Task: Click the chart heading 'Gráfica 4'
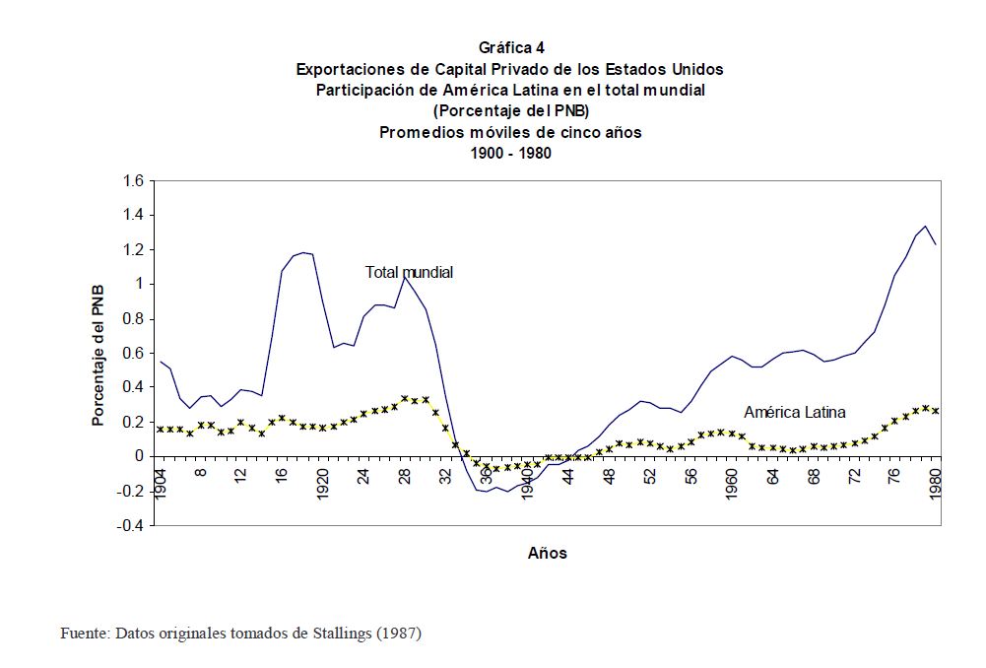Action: click(x=510, y=48)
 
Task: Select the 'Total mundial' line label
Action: click(x=409, y=272)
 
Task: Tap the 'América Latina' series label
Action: click(x=795, y=413)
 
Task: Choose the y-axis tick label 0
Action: click(x=140, y=457)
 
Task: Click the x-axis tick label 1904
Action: click(x=161, y=481)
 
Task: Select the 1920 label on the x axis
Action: click(x=323, y=481)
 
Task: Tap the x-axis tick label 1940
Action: click(x=527, y=481)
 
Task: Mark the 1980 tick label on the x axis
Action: click(x=936, y=481)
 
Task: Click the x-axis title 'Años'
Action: click(x=548, y=554)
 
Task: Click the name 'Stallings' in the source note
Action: click(x=340, y=634)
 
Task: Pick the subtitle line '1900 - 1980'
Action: click(x=510, y=153)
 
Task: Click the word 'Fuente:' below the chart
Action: click(x=85, y=634)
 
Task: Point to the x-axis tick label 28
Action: click(x=405, y=473)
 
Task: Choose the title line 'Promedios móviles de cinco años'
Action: click(x=510, y=132)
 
